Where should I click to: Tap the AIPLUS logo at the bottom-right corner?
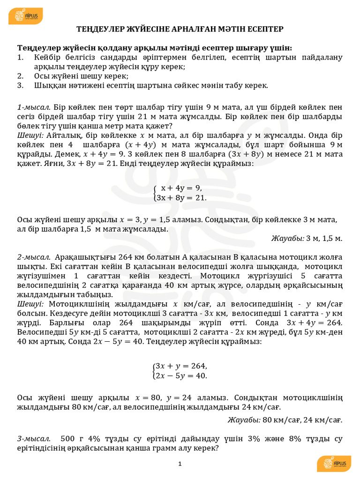pyautogui.click(x=334, y=464)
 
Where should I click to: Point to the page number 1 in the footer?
pyautogui.click(x=180, y=464)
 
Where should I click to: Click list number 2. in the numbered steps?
pyautogui.click(x=20, y=76)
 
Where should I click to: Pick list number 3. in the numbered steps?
pyautogui.click(x=20, y=85)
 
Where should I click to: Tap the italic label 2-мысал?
pyautogui.click(x=33, y=257)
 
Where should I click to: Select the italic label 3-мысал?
pyautogui.click(x=33, y=439)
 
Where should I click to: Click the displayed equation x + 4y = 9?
pyautogui.click(x=181, y=188)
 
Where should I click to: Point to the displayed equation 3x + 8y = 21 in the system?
pyautogui.click(x=181, y=197)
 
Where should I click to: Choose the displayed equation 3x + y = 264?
pyautogui.click(x=181, y=366)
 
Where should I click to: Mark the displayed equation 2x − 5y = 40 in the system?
pyautogui.click(x=181, y=375)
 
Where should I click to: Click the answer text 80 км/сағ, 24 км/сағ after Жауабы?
pyautogui.click(x=302, y=420)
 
